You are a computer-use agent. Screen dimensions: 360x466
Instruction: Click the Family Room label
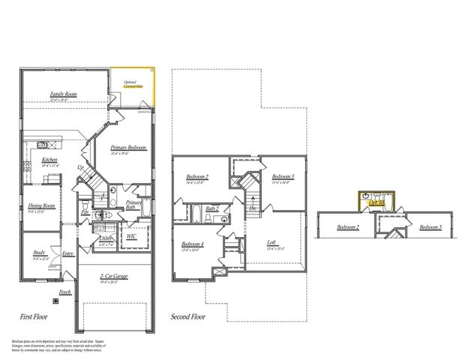click(64, 94)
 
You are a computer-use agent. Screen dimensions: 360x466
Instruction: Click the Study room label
click(39, 253)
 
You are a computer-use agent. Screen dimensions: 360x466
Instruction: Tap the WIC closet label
click(131, 236)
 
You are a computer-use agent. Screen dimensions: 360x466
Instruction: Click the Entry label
click(68, 253)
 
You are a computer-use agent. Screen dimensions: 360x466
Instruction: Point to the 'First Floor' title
click(35, 316)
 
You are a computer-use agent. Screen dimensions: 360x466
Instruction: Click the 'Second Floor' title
click(188, 316)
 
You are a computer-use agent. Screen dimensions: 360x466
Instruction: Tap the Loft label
click(272, 242)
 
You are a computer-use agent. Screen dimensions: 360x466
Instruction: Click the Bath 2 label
click(212, 208)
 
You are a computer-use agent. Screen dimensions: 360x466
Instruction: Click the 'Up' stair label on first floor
click(81, 167)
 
